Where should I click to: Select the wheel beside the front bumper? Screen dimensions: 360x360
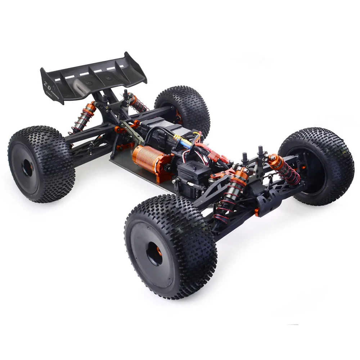[x=317, y=166]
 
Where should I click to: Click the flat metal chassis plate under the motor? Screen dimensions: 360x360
[x=137, y=176]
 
